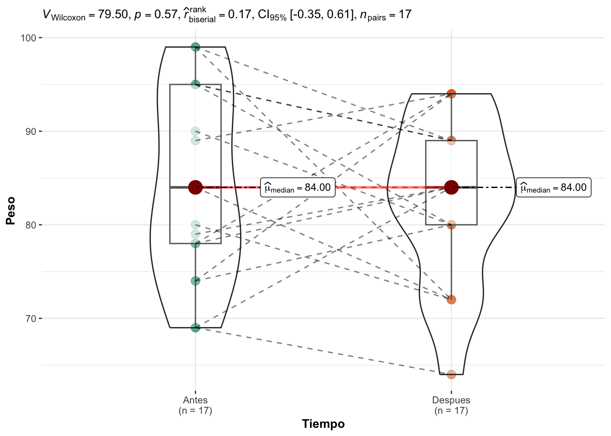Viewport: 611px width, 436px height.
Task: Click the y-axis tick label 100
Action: [28, 38]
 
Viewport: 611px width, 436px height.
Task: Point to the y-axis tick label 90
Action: [30, 131]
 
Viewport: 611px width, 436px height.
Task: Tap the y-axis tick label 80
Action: [30, 225]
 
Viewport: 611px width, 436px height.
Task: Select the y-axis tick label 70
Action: [30, 318]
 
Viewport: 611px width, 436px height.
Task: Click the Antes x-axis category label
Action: [195, 400]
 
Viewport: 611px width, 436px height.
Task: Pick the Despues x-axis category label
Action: [451, 400]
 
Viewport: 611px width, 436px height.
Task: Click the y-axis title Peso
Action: [10, 210]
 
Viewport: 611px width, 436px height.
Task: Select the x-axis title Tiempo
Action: [323, 424]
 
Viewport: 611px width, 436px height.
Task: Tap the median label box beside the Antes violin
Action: [298, 187]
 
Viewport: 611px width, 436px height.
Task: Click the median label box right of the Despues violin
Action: [553, 187]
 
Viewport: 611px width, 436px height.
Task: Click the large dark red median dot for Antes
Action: [195, 187]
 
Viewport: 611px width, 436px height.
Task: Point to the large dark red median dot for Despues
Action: [451, 187]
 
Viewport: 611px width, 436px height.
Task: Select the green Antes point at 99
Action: [195, 47]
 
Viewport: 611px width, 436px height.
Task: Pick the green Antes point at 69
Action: [195, 327]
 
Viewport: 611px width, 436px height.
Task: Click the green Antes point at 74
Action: [195, 281]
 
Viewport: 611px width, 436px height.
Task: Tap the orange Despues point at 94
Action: [451, 94]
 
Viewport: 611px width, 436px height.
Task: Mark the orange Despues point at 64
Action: [451, 374]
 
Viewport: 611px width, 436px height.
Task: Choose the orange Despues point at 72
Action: [451, 300]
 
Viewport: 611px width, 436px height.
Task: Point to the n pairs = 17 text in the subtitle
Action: [385, 15]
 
